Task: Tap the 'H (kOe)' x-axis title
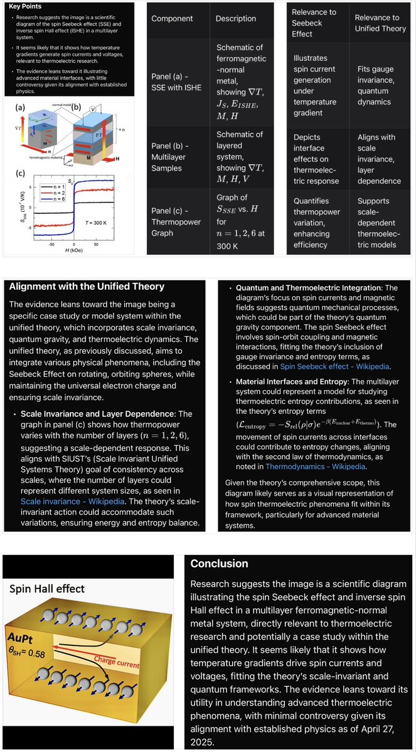pyautogui.click(x=73, y=251)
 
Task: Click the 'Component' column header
pyautogui.click(x=172, y=19)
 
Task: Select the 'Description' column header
pyautogui.click(x=235, y=19)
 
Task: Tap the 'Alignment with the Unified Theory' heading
pyautogui.click(x=87, y=287)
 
